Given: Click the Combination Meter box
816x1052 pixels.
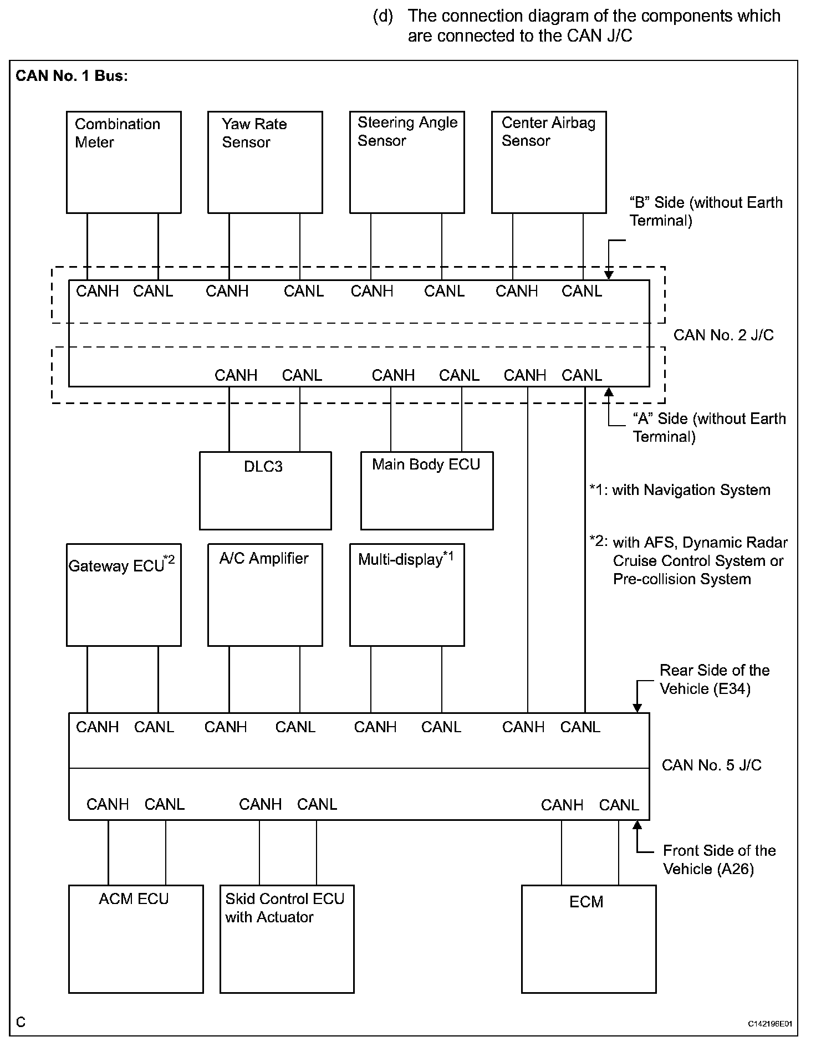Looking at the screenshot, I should coord(124,162).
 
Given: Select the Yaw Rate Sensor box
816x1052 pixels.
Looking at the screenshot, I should coord(265,162).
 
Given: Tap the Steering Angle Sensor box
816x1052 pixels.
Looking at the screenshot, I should coord(407,162).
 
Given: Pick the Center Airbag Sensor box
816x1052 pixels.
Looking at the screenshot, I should coord(549,162).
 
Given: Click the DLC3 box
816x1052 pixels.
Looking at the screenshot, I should coord(266,491).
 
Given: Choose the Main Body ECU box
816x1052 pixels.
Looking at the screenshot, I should coord(427,491).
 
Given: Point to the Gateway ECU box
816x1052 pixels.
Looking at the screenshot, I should coord(124,595).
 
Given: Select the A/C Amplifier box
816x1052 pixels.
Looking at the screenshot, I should coord(265,595).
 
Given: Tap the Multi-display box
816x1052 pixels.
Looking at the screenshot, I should coord(407,595).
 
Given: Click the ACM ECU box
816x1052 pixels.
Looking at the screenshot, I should coord(136,939).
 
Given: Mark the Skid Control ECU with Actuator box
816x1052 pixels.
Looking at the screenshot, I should coord(287,939).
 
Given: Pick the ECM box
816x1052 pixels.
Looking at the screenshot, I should coord(589,939).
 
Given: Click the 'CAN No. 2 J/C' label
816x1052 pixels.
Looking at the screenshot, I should coord(723,335).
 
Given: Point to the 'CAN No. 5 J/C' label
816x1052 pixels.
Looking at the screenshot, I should coord(712,765).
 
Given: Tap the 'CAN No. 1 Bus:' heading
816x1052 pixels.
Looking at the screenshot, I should coord(72,76).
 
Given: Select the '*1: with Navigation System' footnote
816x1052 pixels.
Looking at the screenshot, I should coord(680,490).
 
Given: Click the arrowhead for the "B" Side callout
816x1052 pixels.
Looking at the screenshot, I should coord(609,275).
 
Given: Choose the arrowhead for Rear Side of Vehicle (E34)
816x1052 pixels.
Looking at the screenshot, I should coord(637,708).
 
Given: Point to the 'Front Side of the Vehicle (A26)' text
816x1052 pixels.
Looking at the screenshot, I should coord(718,860).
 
